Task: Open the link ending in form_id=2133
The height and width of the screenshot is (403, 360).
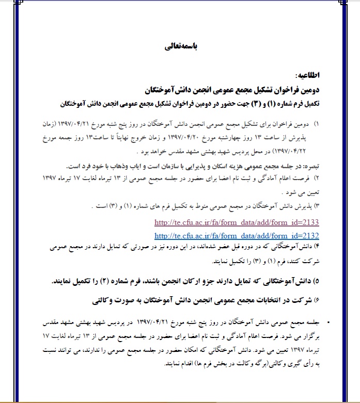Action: (x=237, y=223)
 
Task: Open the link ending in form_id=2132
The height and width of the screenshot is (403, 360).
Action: (x=237, y=236)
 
